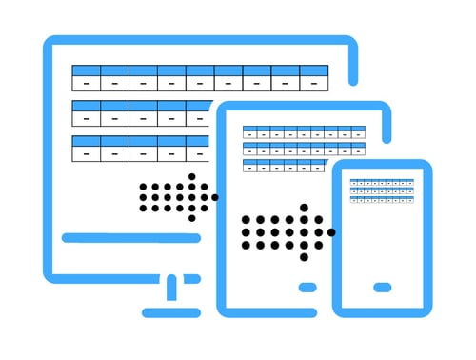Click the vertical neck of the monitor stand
tap(171, 289)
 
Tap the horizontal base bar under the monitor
tap(171, 312)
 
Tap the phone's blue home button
tap(382, 288)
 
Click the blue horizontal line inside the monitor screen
tap(130, 238)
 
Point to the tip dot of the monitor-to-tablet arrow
tap(215, 197)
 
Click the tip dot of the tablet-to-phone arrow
tap(331, 232)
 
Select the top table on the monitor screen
tap(200, 78)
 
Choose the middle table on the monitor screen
tap(143, 113)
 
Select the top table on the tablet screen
tap(304, 132)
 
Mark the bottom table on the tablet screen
tap(285, 165)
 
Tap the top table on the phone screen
tap(382, 182)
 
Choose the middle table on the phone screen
tap(382, 190)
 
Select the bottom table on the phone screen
tap(382, 199)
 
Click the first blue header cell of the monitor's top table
tap(87, 70)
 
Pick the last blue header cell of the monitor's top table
tap(314, 70)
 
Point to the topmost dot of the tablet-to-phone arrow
tap(304, 208)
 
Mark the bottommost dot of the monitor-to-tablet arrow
tap(191, 218)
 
